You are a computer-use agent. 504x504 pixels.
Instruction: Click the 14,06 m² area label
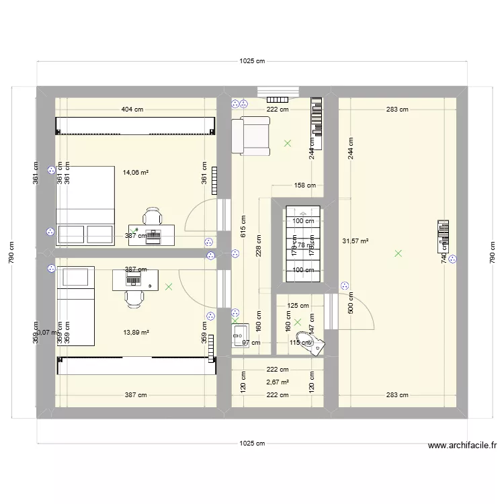[135, 172]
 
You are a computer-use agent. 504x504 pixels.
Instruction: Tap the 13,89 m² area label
[136, 332]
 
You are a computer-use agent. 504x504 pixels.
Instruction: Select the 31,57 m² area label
[355, 241]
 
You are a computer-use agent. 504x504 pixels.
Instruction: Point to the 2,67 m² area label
[278, 382]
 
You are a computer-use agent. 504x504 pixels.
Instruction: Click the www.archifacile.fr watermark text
[462, 445]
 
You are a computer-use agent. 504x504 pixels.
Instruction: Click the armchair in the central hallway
[251, 134]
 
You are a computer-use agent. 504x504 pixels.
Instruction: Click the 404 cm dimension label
[132, 109]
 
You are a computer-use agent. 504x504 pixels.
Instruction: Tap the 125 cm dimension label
[298, 306]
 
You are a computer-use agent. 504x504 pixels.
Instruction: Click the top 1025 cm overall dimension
[252, 61]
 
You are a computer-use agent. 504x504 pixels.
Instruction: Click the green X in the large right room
[398, 253]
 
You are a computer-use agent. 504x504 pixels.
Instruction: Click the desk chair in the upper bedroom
[153, 216]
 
